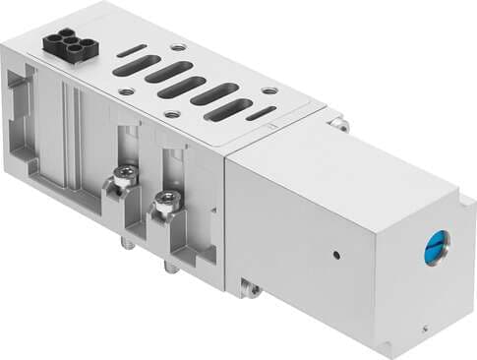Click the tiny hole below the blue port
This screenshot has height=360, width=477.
pyautogui.click(x=423, y=320)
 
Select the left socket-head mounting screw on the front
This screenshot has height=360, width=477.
pyautogui.click(x=123, y=178)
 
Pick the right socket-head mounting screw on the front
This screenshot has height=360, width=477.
pyautogui.click(x=160, y=206)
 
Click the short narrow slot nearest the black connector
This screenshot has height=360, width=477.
pyautogui.click(x=136, y=50)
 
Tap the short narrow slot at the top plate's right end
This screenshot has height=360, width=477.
pyautogui.click(x=260, y=115)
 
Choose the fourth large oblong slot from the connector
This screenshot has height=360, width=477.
pyautogui.click(x=214, y=95)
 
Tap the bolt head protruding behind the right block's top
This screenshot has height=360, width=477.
pyautogui.click(x=339, y=124)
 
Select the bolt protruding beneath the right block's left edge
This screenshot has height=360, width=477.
pyautogui.click(x=250, y=288)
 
